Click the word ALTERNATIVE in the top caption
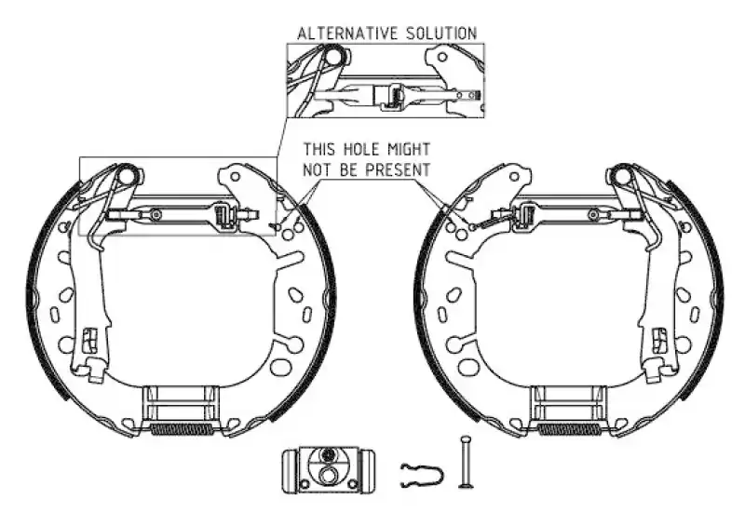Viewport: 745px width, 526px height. (x=347, y=34)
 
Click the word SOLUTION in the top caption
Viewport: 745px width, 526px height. (x=441, y=34)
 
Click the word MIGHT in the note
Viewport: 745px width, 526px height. (x=409, y=149)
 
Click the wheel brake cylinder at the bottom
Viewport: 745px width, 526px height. (x=328, y=469)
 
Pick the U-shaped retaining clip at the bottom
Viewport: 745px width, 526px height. (x=422, y=475)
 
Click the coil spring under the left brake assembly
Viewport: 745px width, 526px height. (x=182, y=429)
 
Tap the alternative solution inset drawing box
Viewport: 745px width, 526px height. (x=386, y=80)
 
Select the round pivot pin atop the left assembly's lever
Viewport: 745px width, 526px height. (x=128, y=175)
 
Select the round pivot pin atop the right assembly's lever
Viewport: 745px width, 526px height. (x=623, y=175)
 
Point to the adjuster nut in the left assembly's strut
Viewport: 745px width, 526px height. (x=223, y=214)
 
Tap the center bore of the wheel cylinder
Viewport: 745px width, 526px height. (x=327, y=475)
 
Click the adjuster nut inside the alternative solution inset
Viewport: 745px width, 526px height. (x=393, y=96)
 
